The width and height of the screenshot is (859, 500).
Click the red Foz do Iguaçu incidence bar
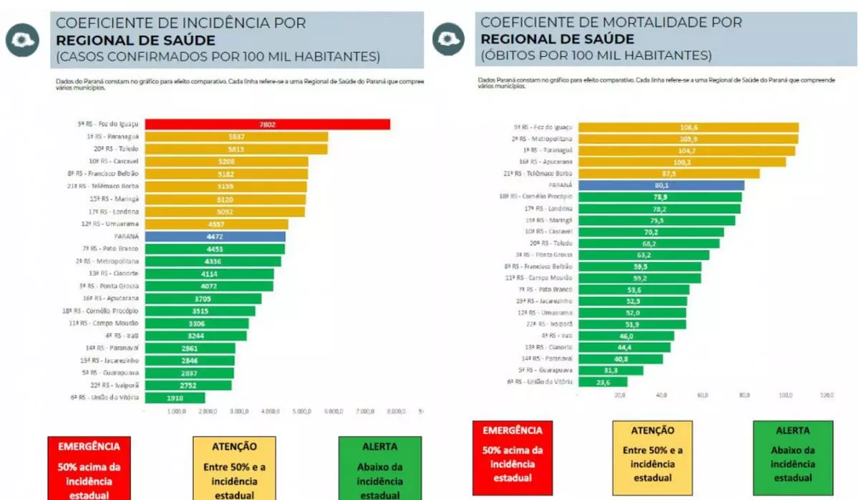(x=267, y=125)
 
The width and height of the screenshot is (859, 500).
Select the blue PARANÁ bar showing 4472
(x=215, y=236)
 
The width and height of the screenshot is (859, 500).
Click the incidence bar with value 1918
(x=175, y=398)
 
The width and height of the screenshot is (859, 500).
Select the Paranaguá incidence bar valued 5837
(x=236, y=137)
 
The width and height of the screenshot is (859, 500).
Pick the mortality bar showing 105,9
(x=687, y=139)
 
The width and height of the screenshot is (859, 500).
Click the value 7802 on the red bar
(x=267, y=125)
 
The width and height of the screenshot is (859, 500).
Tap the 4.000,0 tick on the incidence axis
(x=270, y=412)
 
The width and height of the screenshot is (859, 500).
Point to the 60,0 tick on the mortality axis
(x=703, y=395)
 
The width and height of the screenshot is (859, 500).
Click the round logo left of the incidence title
(x=23, y=40)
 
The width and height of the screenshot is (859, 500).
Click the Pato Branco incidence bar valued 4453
(x=215, y=249)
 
